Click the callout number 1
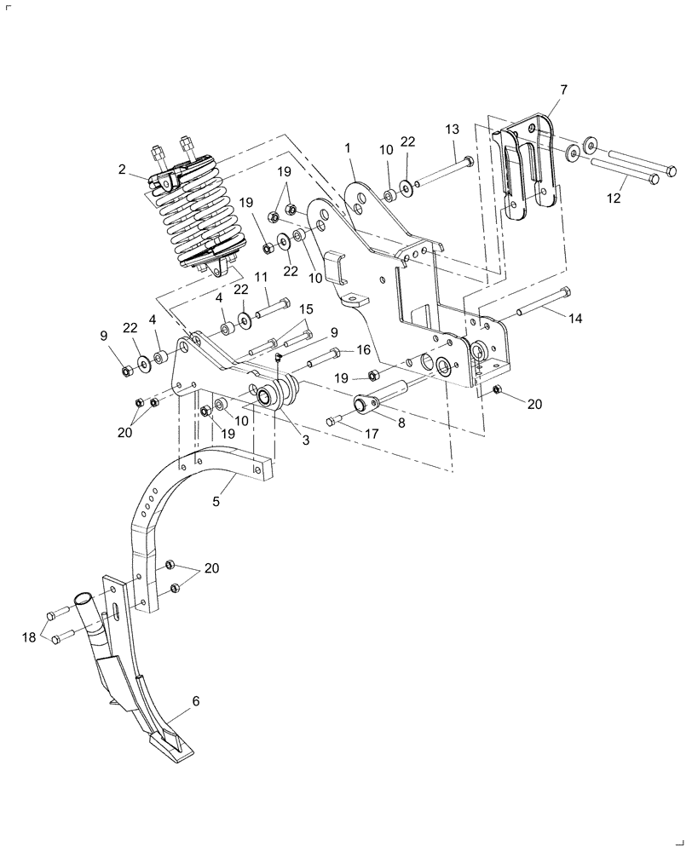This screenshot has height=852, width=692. [x=348, y=148]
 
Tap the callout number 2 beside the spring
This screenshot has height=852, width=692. [x=123, y=170]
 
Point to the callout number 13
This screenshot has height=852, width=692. [x=452, y=129]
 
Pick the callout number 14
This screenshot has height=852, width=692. [x=576, y=318]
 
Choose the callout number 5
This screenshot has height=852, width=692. [x=216, y=502]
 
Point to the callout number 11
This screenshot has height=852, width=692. [x=261, y=277]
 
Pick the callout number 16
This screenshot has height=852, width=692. [x=364, y=350]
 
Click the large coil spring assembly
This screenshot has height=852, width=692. [x=196, y=213]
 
